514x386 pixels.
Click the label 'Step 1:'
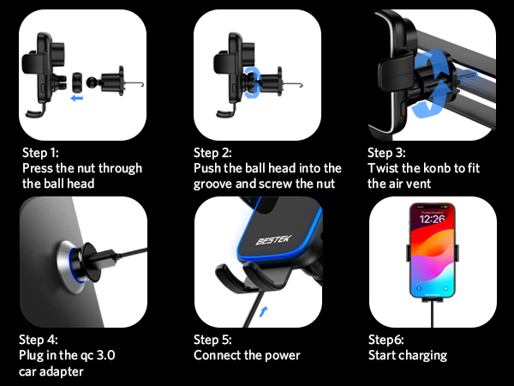pos(41,153)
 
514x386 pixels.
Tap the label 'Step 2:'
pos(214,153)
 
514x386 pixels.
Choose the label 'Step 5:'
pos(214,340)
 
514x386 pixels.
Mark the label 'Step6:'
pos(387,340)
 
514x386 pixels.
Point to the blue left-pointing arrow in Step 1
pos(78,98)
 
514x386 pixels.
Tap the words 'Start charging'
pos(408,355)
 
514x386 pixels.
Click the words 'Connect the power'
pos(247,355)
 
